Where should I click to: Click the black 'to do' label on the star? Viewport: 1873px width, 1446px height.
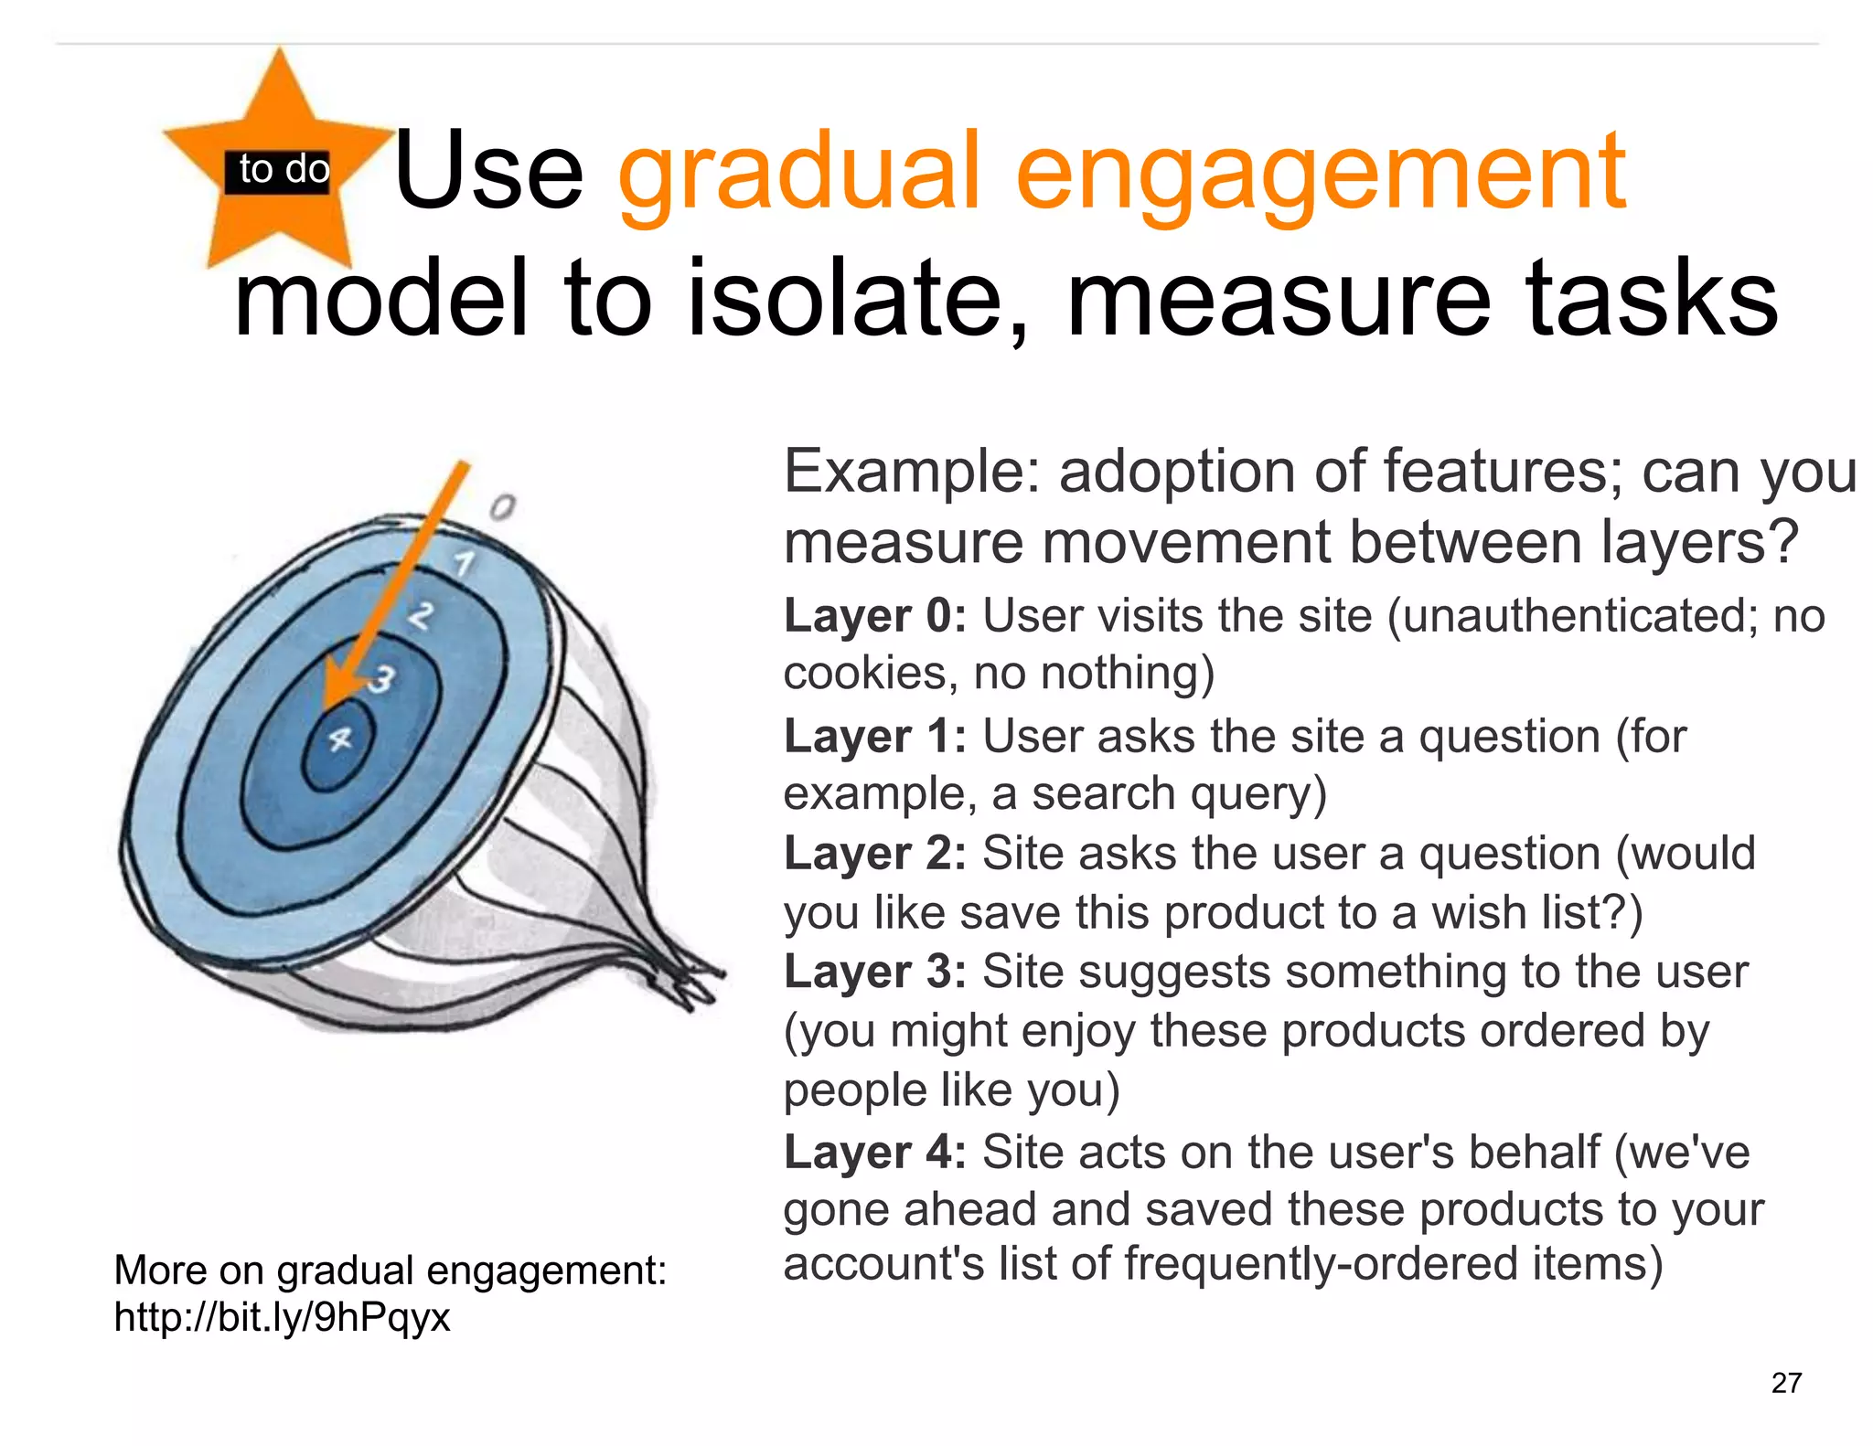click(277, 171)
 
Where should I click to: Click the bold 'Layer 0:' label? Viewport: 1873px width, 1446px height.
click(874, 616)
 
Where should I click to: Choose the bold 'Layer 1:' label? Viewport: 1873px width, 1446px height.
click(874, 737)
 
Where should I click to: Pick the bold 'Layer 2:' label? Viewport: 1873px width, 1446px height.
click(874, 855)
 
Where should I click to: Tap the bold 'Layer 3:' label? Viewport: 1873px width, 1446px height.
click(874, 972)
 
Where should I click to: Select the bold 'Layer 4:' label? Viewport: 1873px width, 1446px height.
click(874, 1152)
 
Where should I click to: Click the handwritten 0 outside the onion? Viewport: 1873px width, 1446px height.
click(502, 506)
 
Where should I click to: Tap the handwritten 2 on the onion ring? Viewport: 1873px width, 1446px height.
click(420, 615)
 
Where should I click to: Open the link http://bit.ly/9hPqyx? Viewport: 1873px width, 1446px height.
click(282, 1318)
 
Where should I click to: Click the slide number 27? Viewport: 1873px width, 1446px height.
click(1785, 1383)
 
